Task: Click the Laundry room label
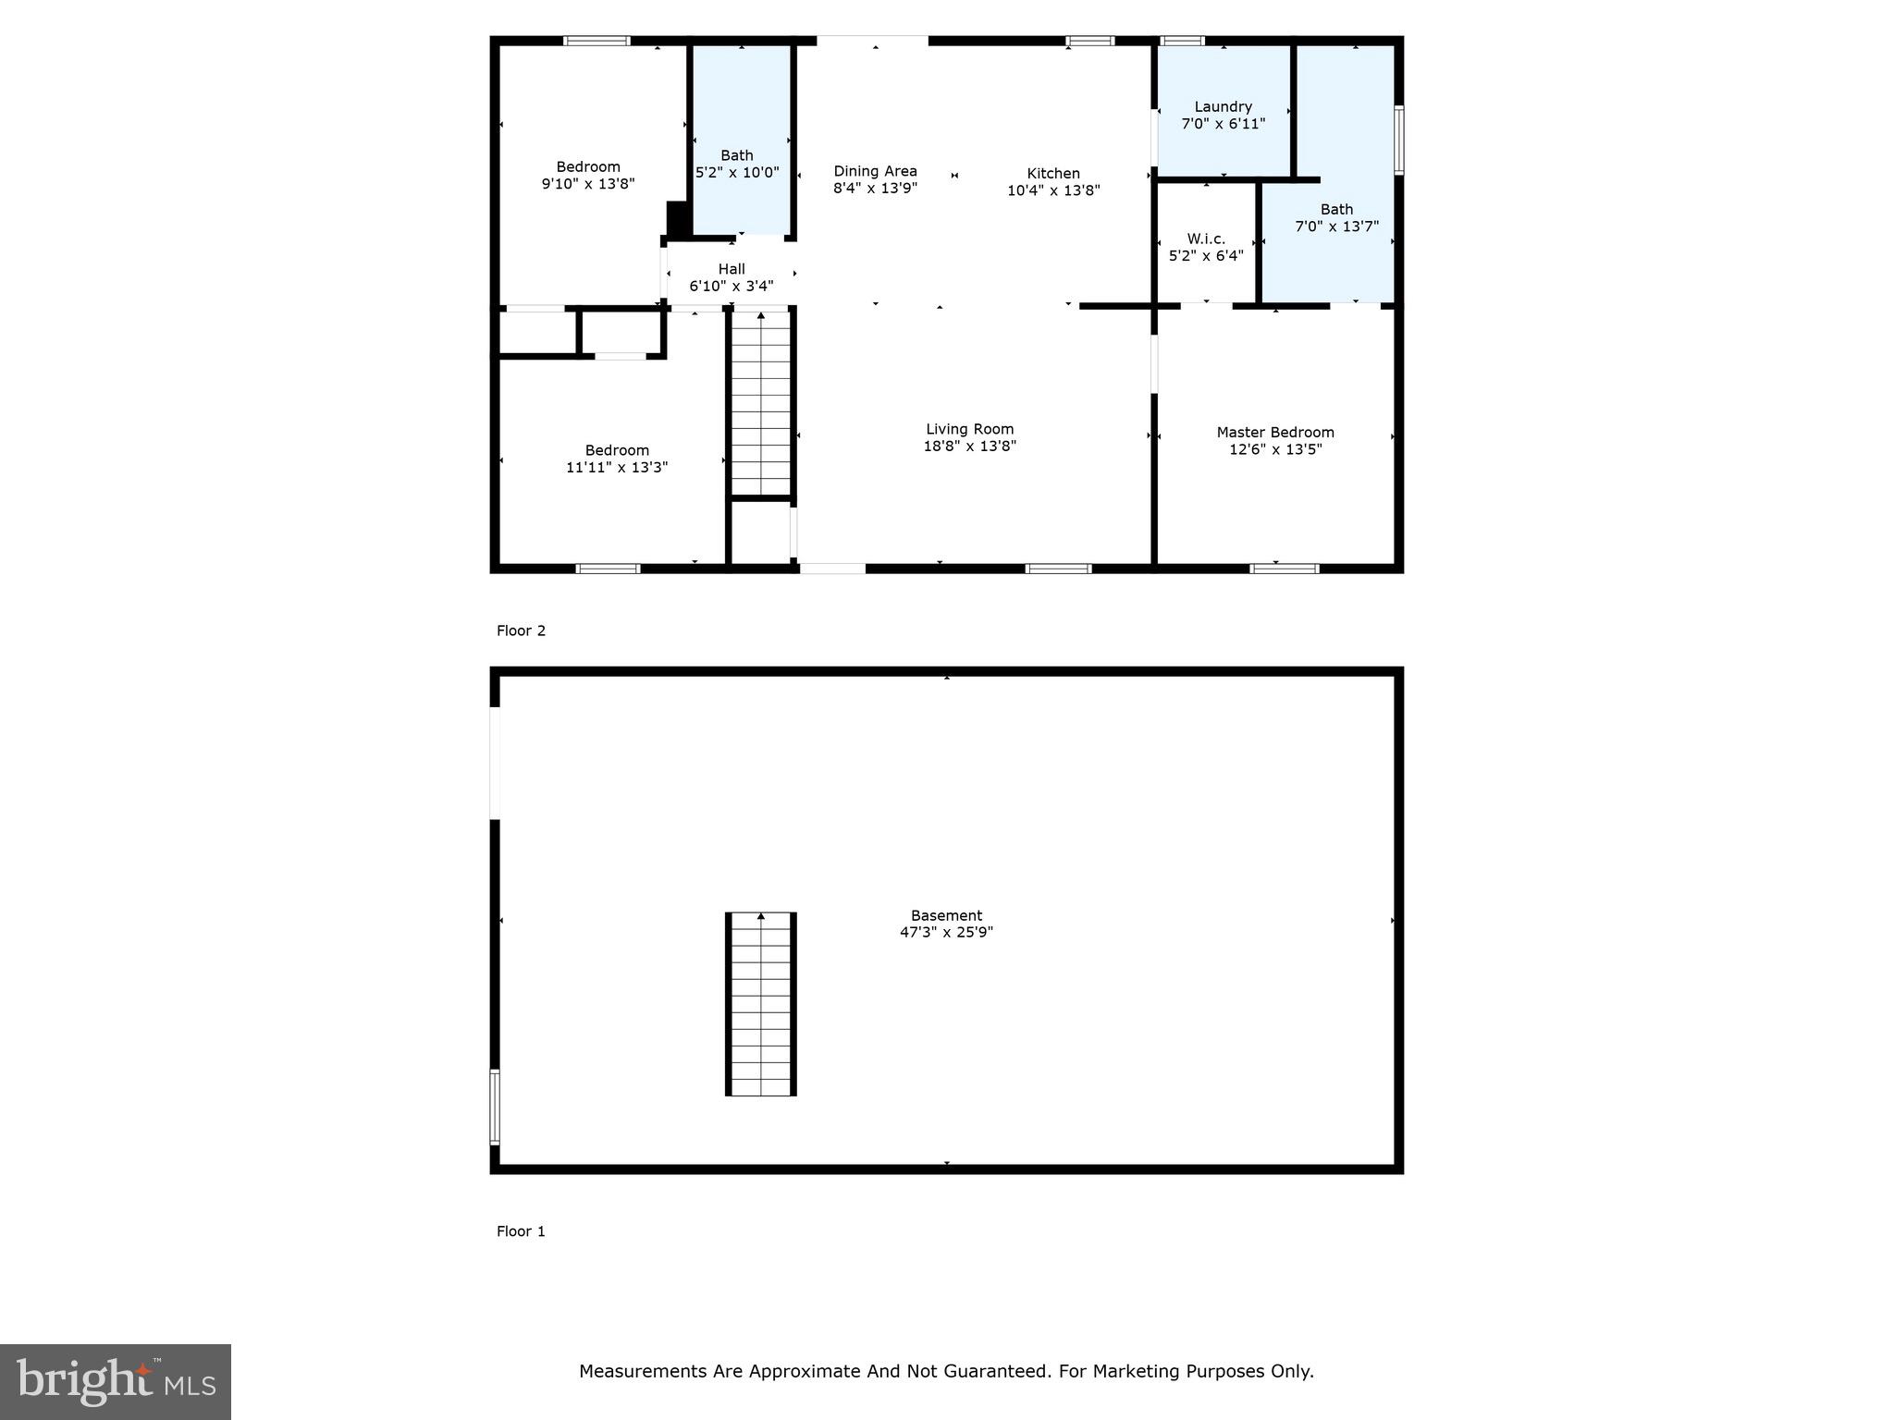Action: (1223, 107)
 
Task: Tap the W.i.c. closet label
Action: (1206, 239)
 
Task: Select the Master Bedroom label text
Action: (1274, 433)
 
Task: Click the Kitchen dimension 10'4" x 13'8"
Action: (1053, 190)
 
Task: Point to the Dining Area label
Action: (875, 171)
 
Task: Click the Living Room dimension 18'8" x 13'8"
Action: (969, 446)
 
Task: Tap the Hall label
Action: (731, 269)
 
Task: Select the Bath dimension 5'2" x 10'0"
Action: (737, 173)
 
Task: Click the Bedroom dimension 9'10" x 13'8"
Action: (588, 184)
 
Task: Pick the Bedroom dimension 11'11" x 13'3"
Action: (617, 468)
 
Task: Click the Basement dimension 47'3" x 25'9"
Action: (946, 933)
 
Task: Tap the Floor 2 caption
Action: (521, 630)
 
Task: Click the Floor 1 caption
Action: (521, 1231)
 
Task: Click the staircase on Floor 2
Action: (761, 404)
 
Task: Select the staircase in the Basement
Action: (761, 1004)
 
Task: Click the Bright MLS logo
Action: (116, 1381)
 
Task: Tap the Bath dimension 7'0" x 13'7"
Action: (1336, 226)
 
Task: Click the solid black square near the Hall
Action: (678, 220)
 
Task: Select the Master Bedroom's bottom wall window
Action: (1285, 569)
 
